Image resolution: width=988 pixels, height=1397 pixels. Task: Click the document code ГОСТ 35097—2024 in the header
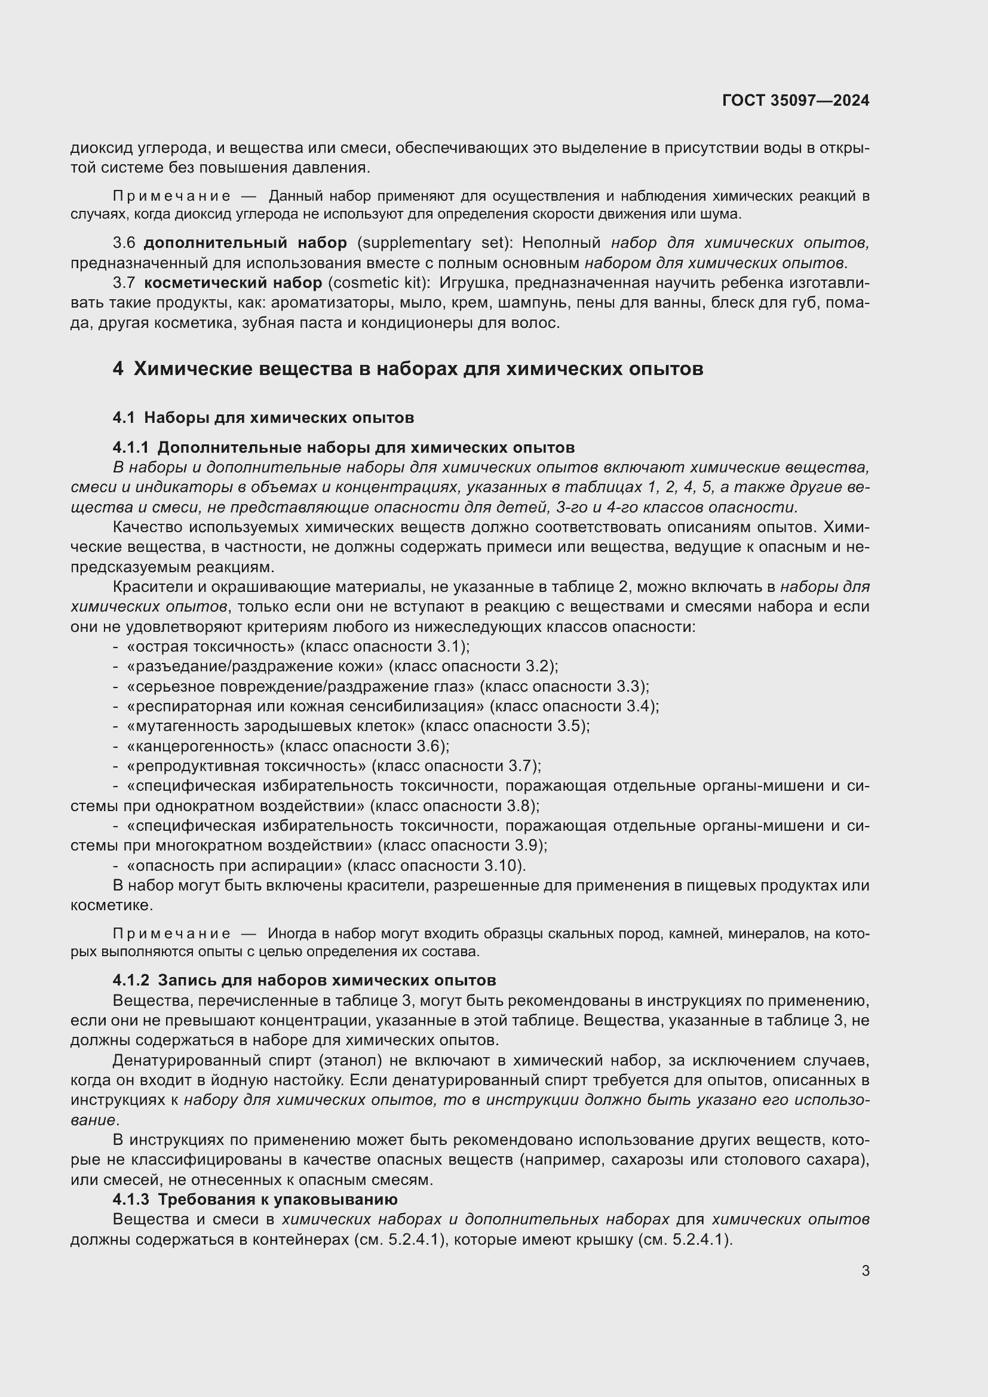(796, 100)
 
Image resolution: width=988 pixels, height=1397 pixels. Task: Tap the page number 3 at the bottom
(866, 1271)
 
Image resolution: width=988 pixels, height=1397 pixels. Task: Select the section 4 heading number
(118, 369)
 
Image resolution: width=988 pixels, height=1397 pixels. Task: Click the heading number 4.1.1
(131, 448)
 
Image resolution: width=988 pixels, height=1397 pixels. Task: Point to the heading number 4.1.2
(131, 981)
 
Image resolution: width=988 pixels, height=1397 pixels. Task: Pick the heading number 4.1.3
(131, 1200)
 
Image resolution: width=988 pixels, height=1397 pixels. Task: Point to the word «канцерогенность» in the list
(201, 746)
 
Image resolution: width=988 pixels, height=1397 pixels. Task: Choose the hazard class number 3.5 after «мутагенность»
(572, 726)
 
